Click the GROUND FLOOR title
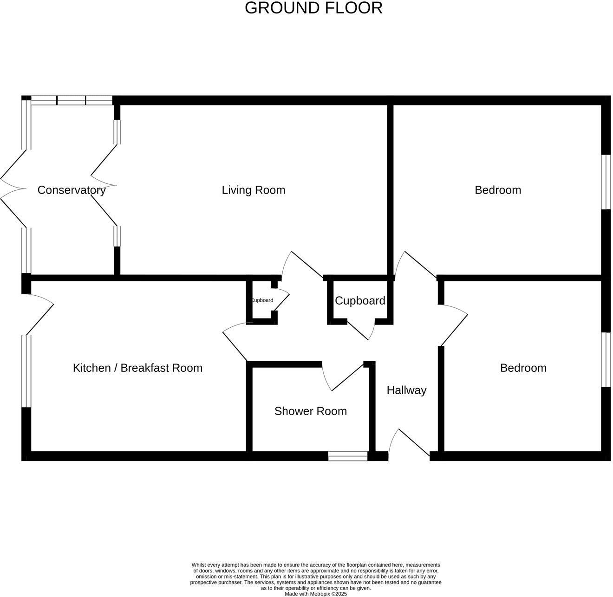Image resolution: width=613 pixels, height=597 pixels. point(313,8)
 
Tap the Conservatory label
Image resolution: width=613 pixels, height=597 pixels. point(72,190)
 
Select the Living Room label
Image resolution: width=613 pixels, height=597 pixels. point(253,190)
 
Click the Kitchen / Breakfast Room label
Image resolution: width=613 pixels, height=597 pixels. point(137,368)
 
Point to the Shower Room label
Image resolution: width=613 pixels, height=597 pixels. point(310,411)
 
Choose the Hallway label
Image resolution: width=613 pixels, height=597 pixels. point(406,390)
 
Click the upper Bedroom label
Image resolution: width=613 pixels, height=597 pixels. point(497,190)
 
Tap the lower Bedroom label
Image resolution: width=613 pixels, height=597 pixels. point(523,368)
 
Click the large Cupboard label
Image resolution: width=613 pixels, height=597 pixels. point(360,301)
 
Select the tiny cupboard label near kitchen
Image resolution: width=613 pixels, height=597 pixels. point(262,300)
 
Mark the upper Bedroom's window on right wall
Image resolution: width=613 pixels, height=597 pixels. point(606,182)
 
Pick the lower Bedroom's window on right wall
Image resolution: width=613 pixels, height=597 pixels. point(606,359)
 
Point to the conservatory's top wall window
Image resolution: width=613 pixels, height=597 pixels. point(72,100)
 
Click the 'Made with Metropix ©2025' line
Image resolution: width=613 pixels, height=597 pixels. point(315,594)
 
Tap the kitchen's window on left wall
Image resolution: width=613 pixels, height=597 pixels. point(26,371)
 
